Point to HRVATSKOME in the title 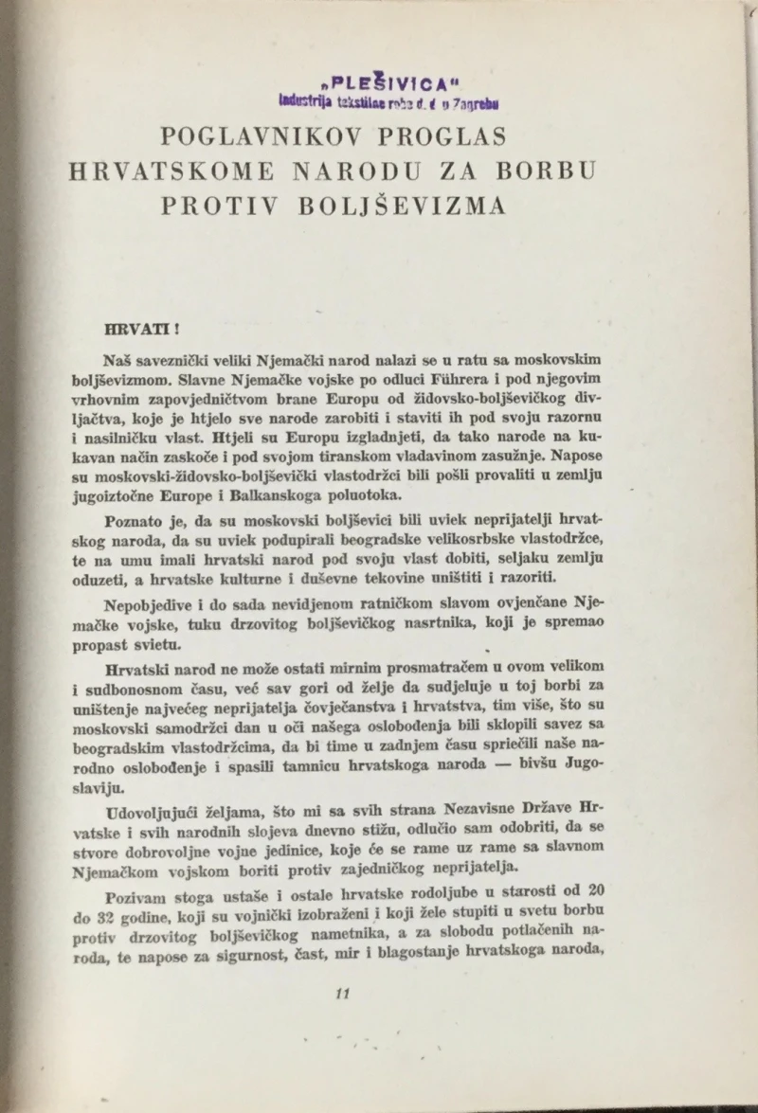coord(172,171)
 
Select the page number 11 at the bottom coord(344,993)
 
